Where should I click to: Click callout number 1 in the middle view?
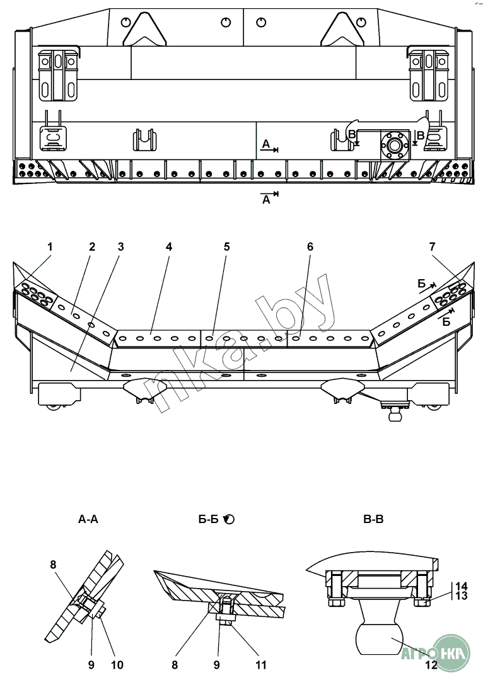[x=50, y=246]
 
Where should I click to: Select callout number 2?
[x=92, y=246]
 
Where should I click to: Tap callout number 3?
[x=120, y=246]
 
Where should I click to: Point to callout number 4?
[x=169, y=246]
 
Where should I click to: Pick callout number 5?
[x=226, y=246]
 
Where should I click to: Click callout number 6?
[x=310, y=246]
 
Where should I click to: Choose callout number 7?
[x=433, y=246]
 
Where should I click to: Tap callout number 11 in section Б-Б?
[x=260, y=665]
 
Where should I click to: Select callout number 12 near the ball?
[x=432, y=664]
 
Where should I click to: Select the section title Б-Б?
[x=209, y=520]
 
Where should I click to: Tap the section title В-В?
[x=373, y=520]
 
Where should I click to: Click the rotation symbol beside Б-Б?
[x=228, y=520]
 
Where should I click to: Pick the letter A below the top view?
[x=266, y=200]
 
